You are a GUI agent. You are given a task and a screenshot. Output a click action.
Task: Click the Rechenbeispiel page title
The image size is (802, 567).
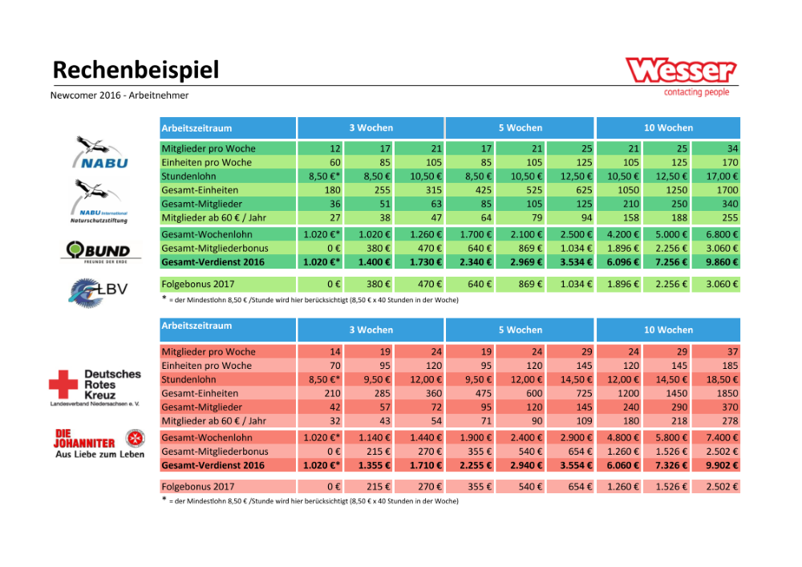click(x=136, y=71)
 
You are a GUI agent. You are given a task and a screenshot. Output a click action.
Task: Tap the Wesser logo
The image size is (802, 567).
click(x=681, y=75)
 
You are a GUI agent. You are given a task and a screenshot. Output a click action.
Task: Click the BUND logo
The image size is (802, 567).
click(x=96, y=251)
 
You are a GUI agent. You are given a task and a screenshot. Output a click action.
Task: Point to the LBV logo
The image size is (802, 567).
click(x=98, y=290)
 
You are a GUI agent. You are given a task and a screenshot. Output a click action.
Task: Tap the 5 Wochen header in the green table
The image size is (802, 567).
click(x=520, y=128)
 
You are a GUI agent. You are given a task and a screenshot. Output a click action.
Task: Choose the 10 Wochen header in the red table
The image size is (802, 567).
click(x=668, y=330)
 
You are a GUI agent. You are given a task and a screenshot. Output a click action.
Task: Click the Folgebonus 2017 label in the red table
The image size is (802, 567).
click(x=198, y=487)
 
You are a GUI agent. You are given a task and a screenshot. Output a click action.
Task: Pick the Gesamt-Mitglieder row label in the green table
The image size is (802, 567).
click(x=201, y=203)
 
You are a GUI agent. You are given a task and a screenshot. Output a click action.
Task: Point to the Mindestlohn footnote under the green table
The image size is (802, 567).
click(x=313, y=299)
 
